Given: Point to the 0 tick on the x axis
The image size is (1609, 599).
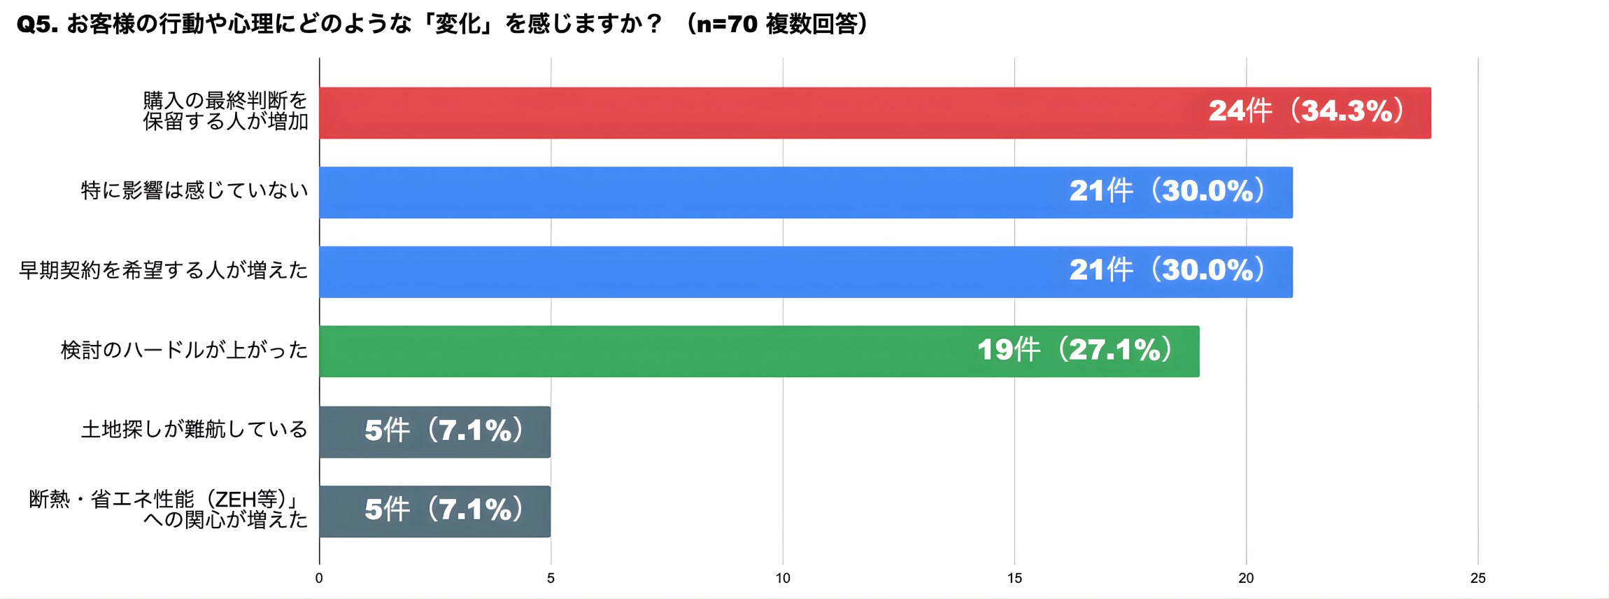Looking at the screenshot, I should tap(319, 578).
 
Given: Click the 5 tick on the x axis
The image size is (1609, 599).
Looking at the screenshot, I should tap(551, 578).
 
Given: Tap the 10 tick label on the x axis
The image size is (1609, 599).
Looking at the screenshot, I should tap(783, 578).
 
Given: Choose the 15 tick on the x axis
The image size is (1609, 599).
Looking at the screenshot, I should tap(1014, 578).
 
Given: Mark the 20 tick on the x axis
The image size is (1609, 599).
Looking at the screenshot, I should tap(1246, 578).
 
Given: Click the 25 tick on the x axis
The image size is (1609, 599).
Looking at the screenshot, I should tap(1477, 578).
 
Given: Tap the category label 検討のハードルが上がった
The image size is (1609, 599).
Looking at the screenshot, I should tap(184, 350).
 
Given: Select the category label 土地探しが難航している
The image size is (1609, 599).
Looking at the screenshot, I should tap(194, 429).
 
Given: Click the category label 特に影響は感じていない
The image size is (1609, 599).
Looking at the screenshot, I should tap(194, 190).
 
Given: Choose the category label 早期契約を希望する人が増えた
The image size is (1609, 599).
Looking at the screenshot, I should tap(163, 270).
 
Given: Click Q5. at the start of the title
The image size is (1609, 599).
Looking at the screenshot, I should tap(38, 25).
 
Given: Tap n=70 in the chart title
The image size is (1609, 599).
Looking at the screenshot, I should tap(727, 25).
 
